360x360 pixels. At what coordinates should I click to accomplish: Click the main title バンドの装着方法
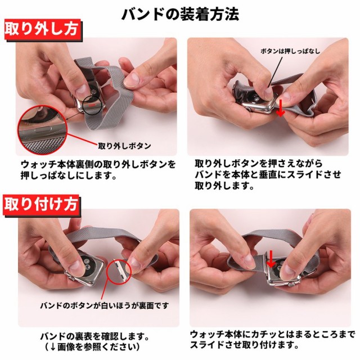pyautogui.click(x=180, y=14)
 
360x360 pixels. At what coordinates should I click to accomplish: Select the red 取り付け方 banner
pyautogui.click(x=42, y=204)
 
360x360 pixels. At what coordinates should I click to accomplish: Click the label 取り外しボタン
pyautogui.click(x=124, y=146)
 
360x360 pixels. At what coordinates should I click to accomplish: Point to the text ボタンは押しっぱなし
pyautogui.click(x=290, y=51)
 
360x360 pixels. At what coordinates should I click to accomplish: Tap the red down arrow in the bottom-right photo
pyautogui.click(x=271, y=259)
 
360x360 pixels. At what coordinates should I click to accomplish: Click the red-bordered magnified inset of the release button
pyautogui.click(x=43, y=130)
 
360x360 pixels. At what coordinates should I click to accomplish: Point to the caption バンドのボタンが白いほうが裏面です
pyautogui.click(x=105, y=305)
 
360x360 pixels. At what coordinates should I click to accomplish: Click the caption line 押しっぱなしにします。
pyautogui.click(x=68, y=175)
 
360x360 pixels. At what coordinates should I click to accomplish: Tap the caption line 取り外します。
pyautogui.click(x=224, y=185)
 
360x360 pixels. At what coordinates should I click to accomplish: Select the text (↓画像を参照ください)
pyautogui.click(x=92, y=347)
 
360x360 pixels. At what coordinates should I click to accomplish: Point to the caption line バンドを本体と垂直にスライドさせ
pyautogui.click(x=268, y=175)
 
